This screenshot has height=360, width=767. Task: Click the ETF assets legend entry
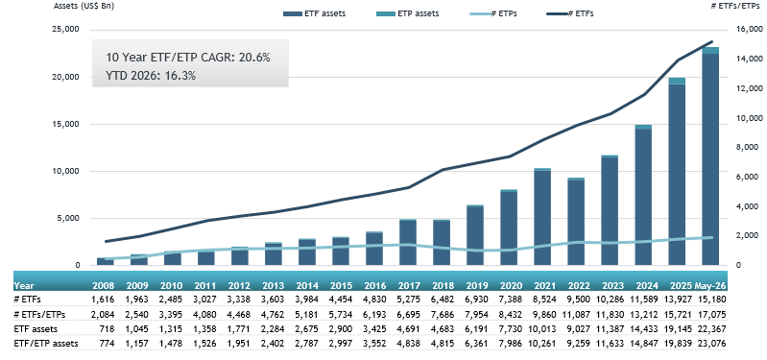point(315,13)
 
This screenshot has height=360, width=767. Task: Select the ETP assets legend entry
point(409,13)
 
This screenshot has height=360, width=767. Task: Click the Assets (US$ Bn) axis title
point(78,7)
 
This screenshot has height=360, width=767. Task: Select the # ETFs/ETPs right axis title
point(737,7)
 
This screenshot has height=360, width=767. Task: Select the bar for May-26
point(709,156)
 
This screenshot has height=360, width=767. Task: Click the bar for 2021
point(542,217)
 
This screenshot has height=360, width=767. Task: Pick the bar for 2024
point(643,195)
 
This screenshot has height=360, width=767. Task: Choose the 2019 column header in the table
point(478,286)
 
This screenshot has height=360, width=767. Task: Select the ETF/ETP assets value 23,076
point(713,344)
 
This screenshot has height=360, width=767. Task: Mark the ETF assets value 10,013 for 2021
point(545,329)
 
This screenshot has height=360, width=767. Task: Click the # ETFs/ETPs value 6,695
point(412,314)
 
